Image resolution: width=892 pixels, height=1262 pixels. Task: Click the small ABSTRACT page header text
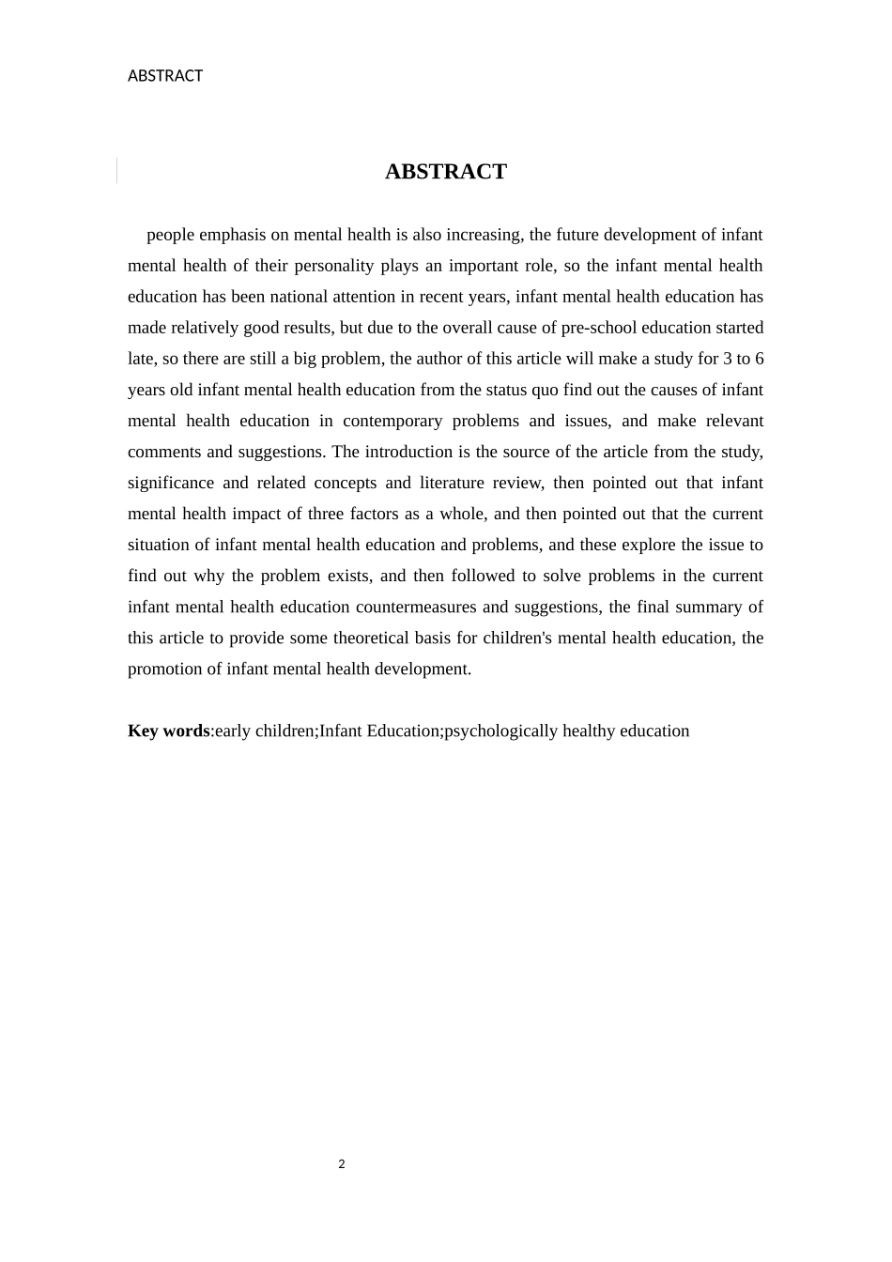click(x=165, y=76)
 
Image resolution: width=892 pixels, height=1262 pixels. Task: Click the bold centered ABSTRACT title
click(x=445, y=172)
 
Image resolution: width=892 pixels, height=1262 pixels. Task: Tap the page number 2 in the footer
click(x=342, y=1164)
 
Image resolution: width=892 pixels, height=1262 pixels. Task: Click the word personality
click(x=336, y=266)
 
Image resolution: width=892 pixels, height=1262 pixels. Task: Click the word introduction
click(x=408, y=452)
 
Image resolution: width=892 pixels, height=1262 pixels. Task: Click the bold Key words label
click(x=169, y=731)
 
